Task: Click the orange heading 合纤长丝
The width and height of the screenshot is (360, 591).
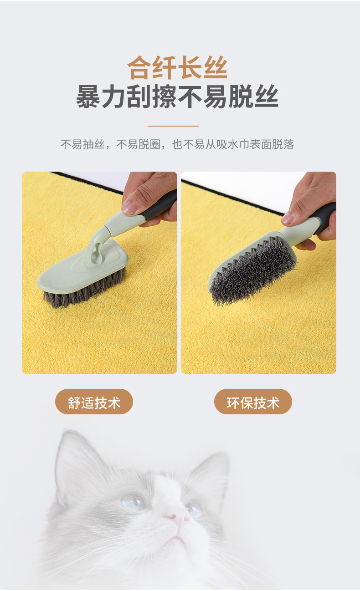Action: point(177,67)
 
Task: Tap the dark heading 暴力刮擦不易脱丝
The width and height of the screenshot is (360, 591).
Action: point(177,97)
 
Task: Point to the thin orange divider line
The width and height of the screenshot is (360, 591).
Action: point(173,126)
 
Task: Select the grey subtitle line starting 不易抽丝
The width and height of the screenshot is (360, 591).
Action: point(177,144)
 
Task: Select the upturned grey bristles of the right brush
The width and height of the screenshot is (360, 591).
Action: point(252,270)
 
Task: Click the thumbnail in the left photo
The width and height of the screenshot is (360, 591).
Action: point(129,207)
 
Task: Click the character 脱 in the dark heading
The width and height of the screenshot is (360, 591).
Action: point(241,97)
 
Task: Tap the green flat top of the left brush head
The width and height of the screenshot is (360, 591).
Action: point(79,269)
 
